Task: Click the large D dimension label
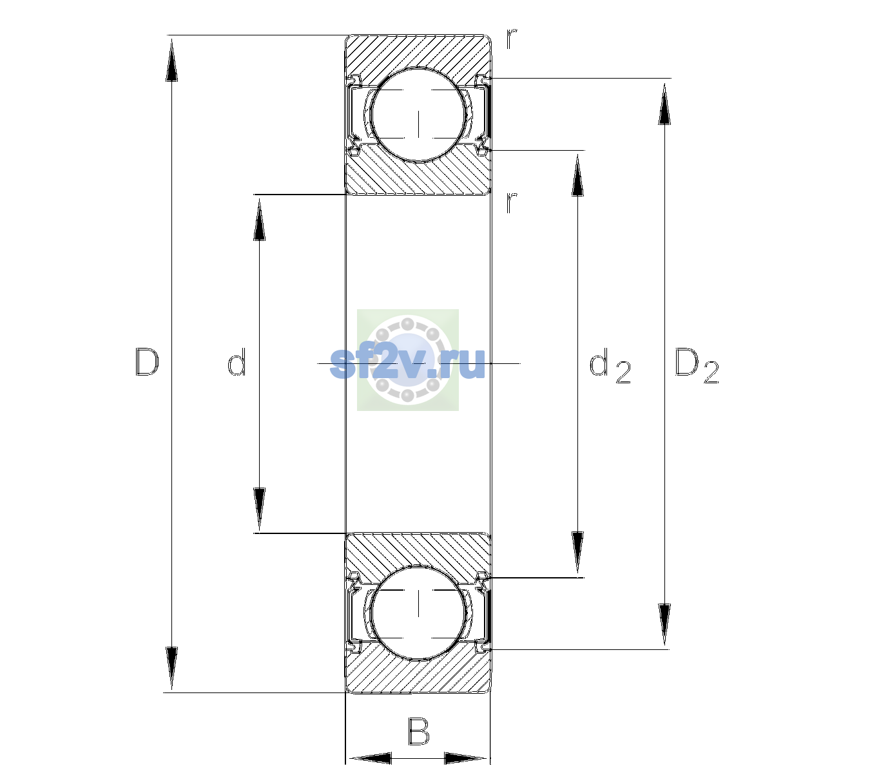click(147, 362)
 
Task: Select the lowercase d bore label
click(237, 362)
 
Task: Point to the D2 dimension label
click(697, 365)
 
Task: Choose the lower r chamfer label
click(512, 202)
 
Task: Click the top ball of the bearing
click(418, 115)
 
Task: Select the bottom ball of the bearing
click(418, 612)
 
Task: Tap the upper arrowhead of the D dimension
click(172, 60)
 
